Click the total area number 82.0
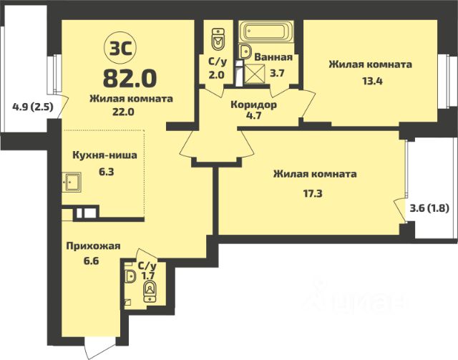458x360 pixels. pyautogui.click(x=130, y=79)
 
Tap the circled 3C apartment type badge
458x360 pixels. pyautogui.click(x=120, y=49)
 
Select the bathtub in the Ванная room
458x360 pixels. pyautogui.click(x=265, y=32)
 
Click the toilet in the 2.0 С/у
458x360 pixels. pyautogui.click(x=218, y=39)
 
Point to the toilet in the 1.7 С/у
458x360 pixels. pyautogui.click(x=150, y=291)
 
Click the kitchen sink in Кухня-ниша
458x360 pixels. pyautogui.click(x=72, y=182)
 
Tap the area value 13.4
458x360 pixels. pyautogui.click(x=372, y=81)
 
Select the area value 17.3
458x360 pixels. pyautogui.click(x=313, y=193)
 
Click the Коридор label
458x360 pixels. pyautogui.click(x=253, y=104)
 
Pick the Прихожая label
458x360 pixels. pyautogui.click(x=93, y=246)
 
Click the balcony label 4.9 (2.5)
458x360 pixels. pyautogui.click(x=33, y=107)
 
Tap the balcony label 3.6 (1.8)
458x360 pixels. pyautogui.click(x=429, y=208)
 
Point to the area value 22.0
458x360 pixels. pyautogui.click(x=123, y=112)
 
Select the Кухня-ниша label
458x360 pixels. pyautogui.click(x=104, y=155)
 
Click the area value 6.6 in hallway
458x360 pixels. pyautogui.click(x=91, y=260)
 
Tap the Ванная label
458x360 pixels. pyautogui.click(x=273, y=57)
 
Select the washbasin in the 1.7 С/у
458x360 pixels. pyautogui.click(x=130, y=276)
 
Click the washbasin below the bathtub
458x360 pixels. pyautogui.click(x=245, y=52)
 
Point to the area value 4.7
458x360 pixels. pyautogui.click(x=253, y=115)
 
